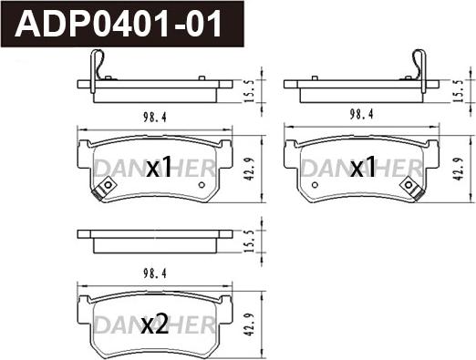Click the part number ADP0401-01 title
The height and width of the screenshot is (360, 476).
pos(119,24)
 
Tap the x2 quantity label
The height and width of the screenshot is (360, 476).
pos(155,324)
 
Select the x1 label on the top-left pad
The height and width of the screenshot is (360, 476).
pos(159,168)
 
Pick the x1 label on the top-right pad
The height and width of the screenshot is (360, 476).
pos(363,168)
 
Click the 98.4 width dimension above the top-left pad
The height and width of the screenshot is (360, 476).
pos(155,118)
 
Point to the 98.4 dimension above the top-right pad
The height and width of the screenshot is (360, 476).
pos(361,115)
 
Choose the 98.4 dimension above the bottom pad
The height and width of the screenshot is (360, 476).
pos(155,274)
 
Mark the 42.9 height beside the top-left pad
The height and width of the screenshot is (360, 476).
pos(249,170)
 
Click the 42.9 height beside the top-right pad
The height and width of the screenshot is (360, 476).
pos(458,170)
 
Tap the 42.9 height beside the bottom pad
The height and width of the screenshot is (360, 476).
pos(249,324)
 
